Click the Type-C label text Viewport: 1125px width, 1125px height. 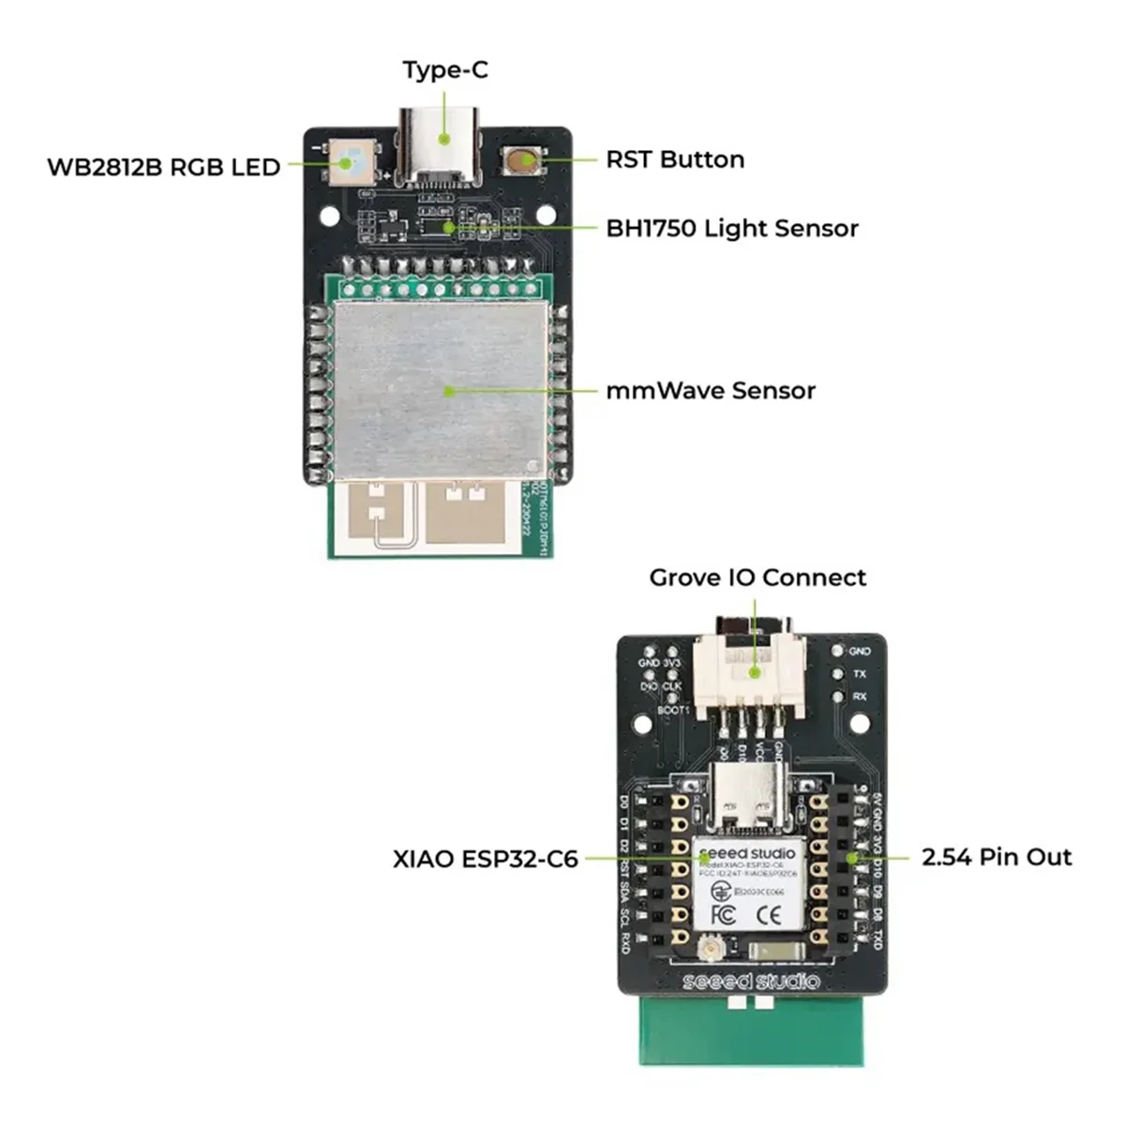tap(444, 70)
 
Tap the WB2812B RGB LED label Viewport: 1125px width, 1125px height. tap(164, 167)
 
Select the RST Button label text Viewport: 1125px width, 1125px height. tap(675, 159)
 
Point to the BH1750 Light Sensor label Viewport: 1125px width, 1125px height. tap(732, 228)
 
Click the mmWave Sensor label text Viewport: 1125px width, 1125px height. tap(711, 390)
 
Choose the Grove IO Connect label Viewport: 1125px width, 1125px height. tap(757, 577)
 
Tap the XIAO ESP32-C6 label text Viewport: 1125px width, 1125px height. tap(486, 859)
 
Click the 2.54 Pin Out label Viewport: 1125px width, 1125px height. tap(997, 857)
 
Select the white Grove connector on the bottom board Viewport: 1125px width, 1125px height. tap(749, 673)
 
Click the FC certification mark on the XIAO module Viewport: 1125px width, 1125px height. tap(723, 914)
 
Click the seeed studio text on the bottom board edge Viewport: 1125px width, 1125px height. tap(750, 982)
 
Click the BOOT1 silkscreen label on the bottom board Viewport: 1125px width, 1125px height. tap(673, 711)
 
